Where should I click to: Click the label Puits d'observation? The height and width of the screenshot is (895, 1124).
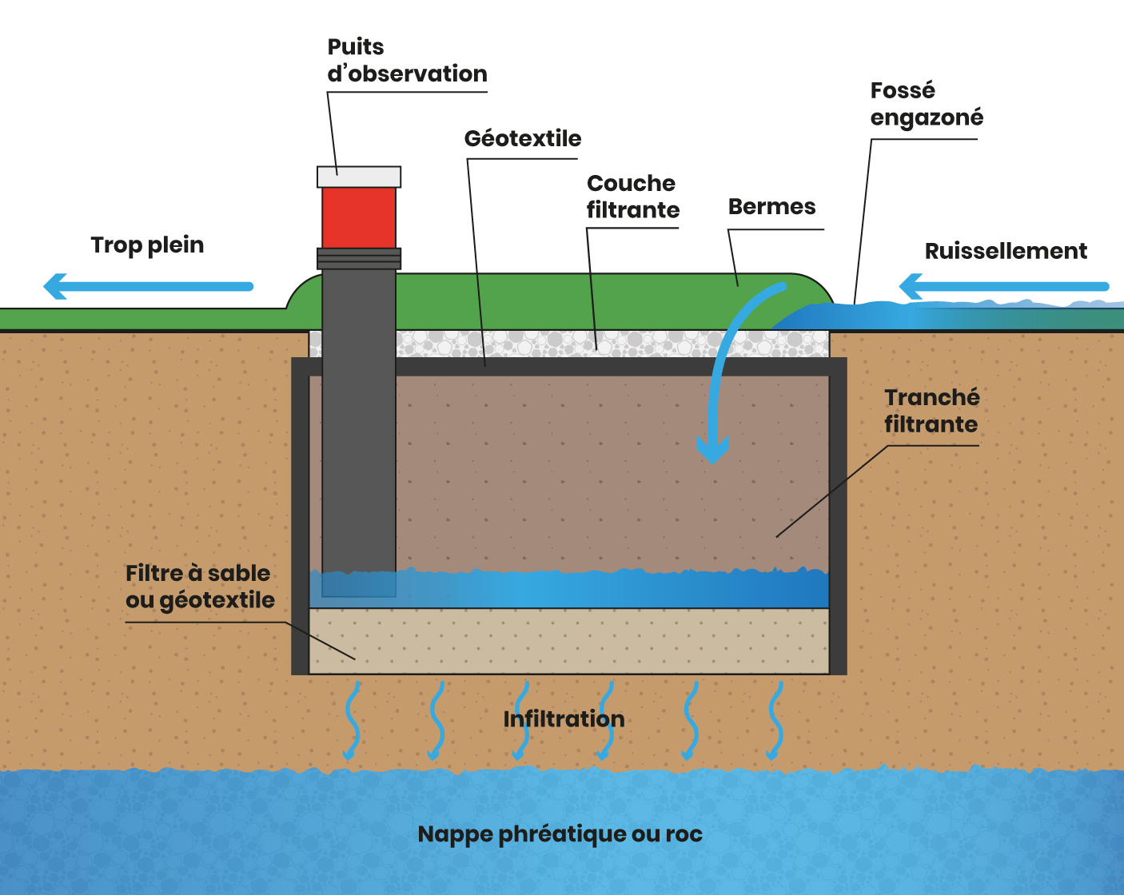406,61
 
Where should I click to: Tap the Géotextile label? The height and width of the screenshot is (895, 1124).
522,138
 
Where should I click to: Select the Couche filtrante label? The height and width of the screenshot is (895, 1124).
632,197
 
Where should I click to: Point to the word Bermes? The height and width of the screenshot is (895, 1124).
771,207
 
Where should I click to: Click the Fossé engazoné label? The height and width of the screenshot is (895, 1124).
926,104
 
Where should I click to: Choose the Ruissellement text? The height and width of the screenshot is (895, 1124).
1005,251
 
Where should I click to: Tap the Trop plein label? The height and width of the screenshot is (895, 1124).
147,245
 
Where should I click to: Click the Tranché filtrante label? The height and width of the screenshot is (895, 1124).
931,411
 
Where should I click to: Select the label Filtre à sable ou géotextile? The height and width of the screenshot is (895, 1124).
200,587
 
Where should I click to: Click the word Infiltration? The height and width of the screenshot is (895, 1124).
564,719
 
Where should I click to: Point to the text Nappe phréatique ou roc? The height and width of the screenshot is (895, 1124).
560,834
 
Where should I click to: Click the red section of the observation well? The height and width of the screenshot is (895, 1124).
359,217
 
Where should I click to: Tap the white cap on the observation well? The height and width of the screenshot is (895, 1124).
359,177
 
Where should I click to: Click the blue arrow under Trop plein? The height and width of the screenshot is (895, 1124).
149,286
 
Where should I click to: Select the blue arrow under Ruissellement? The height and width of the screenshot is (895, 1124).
1004,286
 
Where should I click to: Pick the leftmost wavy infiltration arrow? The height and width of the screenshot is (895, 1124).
351,719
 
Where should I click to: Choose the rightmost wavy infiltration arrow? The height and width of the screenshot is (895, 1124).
774,719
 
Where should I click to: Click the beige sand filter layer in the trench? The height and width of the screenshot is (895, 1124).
568,641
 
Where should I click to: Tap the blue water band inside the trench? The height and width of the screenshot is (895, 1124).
568,589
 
